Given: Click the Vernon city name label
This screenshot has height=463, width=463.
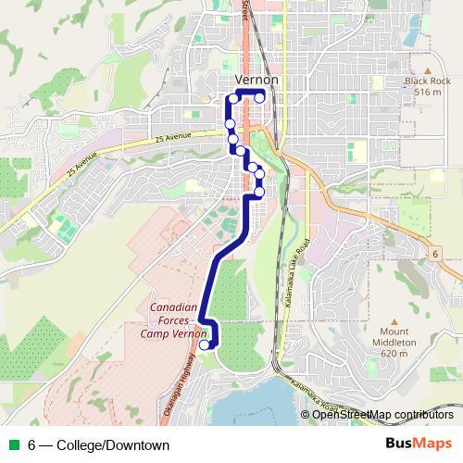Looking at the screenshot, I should (x=257, y=81).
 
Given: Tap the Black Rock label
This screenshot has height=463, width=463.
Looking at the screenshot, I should (x=425, y=81).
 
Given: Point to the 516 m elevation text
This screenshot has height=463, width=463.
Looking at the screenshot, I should (x=428, y=93).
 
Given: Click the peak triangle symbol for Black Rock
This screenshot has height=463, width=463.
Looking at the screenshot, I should (x=428, y=69).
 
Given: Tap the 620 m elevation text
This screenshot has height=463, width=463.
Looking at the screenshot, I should (x=394, y=354).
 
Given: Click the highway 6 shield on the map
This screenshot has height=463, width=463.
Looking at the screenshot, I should (x=433, y=253).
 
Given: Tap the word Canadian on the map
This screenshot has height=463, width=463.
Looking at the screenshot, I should (x=172, y=307).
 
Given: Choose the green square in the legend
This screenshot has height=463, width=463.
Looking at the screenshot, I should (x=13, y=445).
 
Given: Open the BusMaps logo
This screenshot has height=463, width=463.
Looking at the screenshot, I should (x=416, y=444).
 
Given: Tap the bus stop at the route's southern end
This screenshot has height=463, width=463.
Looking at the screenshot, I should (x=205, y=345).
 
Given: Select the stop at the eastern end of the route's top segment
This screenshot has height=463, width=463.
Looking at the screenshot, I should (x=261, y=97).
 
